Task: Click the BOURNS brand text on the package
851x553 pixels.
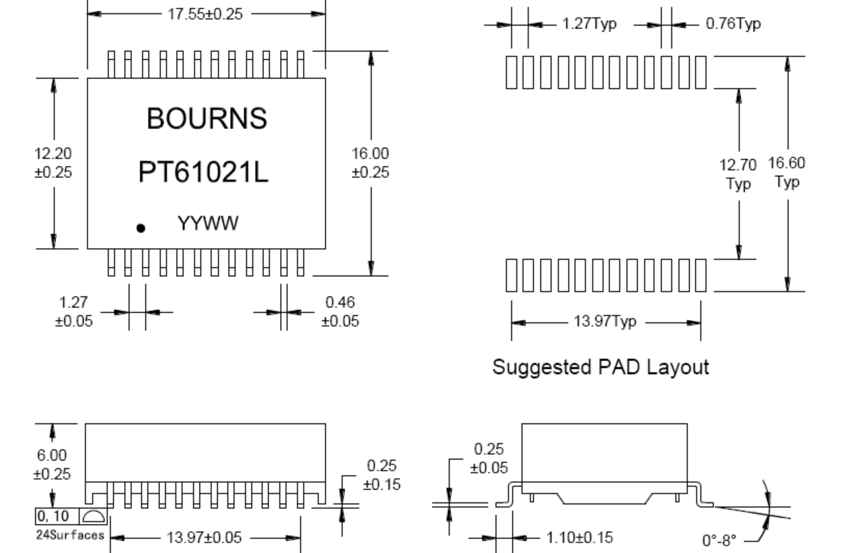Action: click(206, 119)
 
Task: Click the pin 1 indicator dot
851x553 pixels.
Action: click(141, 228)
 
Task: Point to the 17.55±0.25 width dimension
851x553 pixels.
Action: click(206, 15)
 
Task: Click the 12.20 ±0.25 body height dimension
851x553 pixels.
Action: click(54, 162)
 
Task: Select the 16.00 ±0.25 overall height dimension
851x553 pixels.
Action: click(371, 162)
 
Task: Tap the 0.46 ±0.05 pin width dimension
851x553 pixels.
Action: click(340, 312)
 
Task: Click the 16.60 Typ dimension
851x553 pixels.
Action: click(787, 173)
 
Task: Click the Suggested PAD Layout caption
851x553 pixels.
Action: click(600, 367)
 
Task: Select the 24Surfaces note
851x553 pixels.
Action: click(71, 535)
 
